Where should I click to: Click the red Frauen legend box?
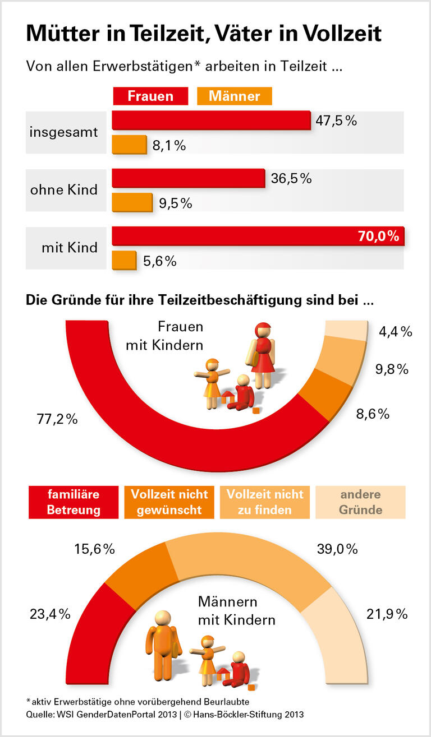coord(150,96)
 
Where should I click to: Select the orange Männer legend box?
coord(235,96)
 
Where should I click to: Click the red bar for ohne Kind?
coord(189,178)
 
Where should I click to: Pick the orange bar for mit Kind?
coord(124,260)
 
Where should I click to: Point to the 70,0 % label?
coord(378,236)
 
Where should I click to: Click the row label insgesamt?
coord(64,132)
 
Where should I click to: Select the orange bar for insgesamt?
coord(129,145)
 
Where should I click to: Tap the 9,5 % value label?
coord(175,203)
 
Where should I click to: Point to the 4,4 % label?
coord(396,332)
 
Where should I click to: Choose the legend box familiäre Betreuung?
coord(74,502)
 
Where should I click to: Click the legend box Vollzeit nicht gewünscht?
coord(169,502)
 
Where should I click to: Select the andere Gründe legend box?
coord(360,502)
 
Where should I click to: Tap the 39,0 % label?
coord(337,549)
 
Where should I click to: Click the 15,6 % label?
coord(95,549)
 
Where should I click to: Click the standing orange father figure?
coord(163,639)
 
